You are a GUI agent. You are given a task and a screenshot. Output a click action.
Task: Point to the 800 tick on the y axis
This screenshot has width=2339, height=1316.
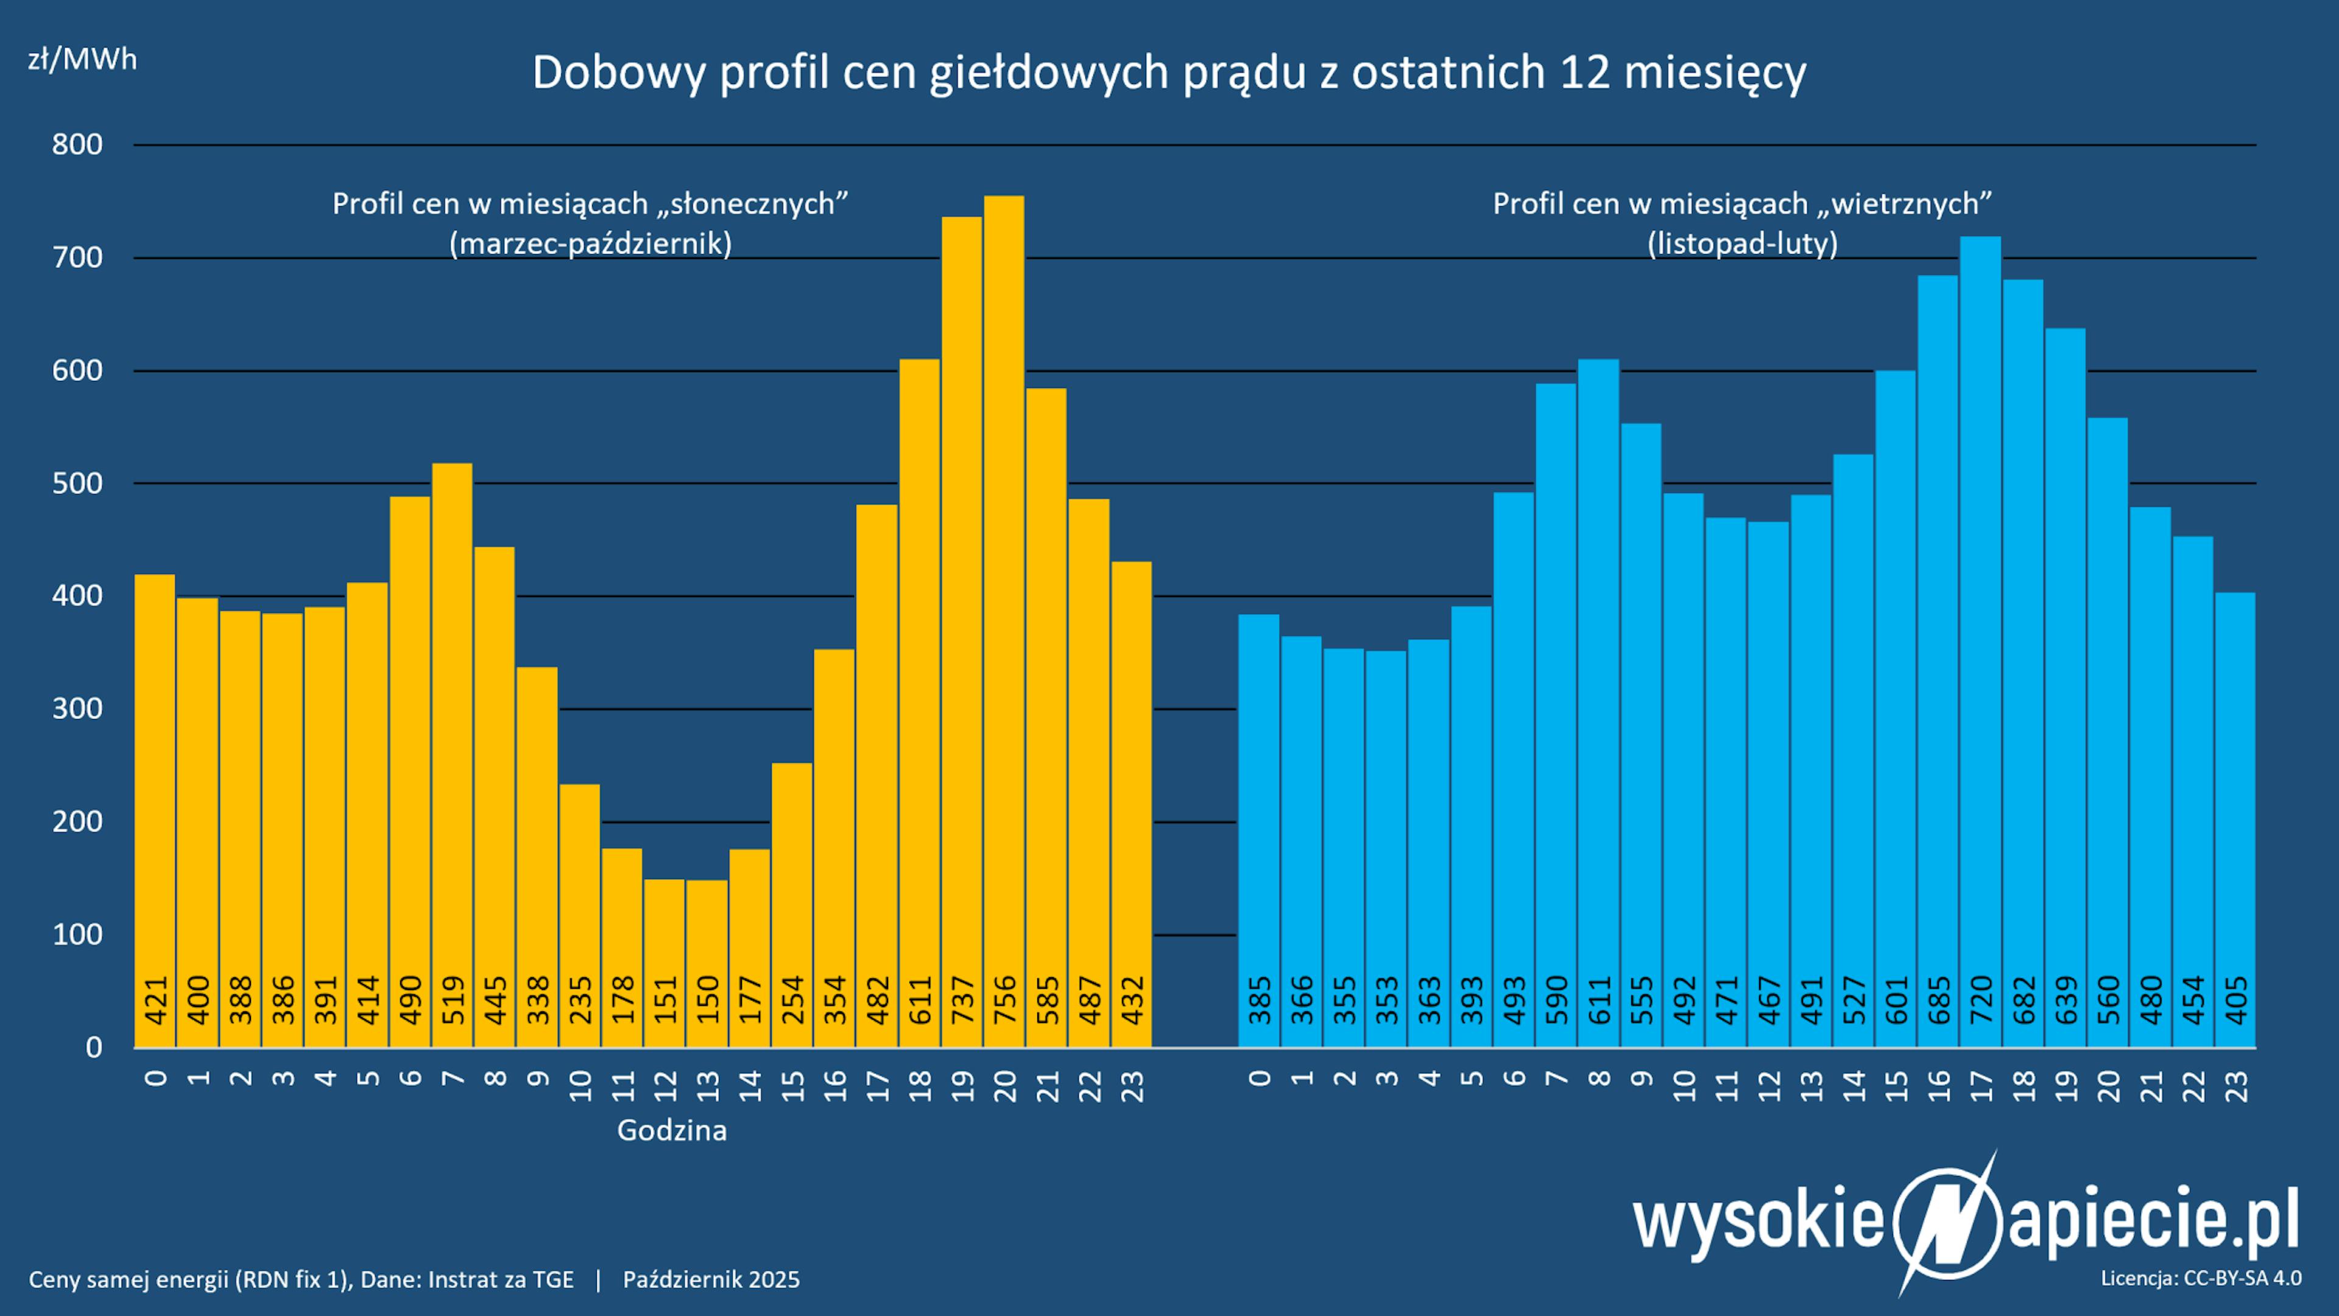pos(77,144)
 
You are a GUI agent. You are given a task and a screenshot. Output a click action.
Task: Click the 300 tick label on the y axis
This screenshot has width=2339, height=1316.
pos(77,709)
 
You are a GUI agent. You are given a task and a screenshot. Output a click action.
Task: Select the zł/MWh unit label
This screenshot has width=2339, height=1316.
pos(82,60)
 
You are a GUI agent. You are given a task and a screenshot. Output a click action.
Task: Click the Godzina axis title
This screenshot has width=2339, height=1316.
pos(672,1131)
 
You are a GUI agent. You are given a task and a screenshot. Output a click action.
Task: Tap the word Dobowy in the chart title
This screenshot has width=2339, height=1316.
pos(618,73)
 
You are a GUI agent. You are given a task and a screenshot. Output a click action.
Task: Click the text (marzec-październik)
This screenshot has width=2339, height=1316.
pos(590,244)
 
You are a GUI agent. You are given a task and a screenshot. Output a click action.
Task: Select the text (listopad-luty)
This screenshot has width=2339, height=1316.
pos(1743,244)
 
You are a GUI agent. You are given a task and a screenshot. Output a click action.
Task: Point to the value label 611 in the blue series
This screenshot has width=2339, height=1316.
pos(1599,1000)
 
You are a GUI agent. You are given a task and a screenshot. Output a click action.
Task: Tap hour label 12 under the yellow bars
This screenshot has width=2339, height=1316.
pos(666,1085)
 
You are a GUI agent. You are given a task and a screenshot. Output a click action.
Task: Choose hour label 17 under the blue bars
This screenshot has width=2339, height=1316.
pos(1980,1085)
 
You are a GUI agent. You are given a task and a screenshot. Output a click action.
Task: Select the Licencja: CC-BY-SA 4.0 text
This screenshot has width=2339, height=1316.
pos(2201,1278)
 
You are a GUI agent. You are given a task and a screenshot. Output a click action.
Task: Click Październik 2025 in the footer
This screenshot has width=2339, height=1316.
pos(711,1279)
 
